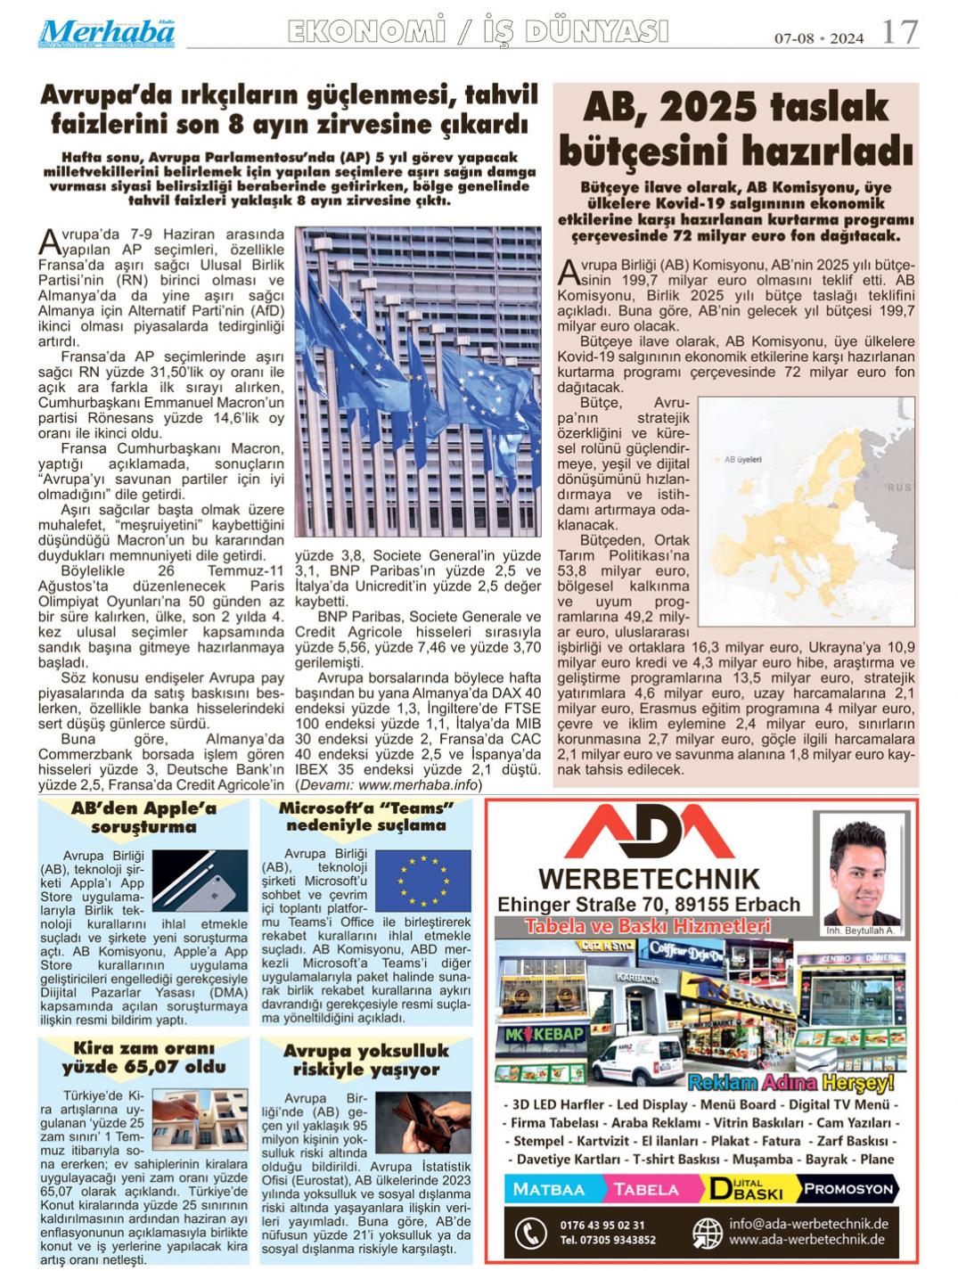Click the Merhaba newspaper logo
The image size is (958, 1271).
(106, 33)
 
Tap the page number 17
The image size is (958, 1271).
(899, 33)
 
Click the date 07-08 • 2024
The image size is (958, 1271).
(818, 38)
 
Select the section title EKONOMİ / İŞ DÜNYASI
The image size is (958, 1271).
(478, 32)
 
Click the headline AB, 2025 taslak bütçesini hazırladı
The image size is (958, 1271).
(735, 128)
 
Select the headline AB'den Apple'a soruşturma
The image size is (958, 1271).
(143, 817)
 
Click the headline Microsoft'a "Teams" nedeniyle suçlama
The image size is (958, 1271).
(366, 816)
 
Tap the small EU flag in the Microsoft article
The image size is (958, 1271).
(422, 881)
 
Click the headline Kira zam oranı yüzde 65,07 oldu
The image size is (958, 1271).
(143, 1057)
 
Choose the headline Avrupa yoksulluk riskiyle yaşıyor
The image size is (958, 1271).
(366, 1060)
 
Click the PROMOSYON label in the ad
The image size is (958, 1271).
(847, 1188)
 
